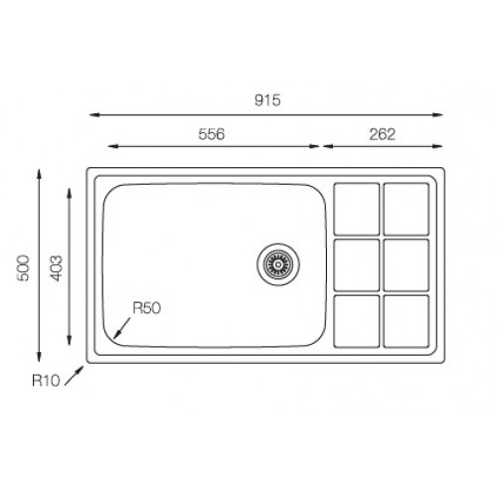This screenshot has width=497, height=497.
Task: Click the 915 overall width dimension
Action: point(267,100)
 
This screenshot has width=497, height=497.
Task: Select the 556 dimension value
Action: point(212,134)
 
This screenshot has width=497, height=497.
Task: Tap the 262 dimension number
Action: point(383,134)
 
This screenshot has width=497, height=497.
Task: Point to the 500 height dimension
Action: point(23,267)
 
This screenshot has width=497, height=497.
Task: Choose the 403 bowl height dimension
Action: point(56,267)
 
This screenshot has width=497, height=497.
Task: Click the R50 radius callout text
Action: point(146,308)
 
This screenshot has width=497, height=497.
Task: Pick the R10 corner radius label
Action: point(46,381)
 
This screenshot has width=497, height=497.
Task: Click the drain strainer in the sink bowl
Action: point(278,264)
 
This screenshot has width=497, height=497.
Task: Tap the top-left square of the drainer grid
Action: point(357,209)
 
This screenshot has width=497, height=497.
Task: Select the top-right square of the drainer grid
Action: point(407,209)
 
